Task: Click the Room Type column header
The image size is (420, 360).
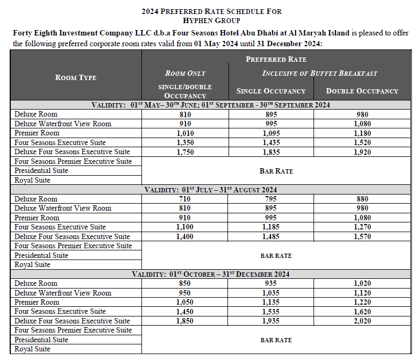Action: pyautogui.click(x=76, y=77)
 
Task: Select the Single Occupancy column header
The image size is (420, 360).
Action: pyautogui.click(x=271, y=91)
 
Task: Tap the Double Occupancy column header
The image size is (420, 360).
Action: pyautogui.click(x=362, y=91)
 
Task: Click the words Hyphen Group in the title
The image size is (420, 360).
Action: pyautogui.click(x=211, y=20)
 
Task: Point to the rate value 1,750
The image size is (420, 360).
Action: pyautogui.click(x=185, y=152)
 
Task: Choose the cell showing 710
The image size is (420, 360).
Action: pyautogui.click(x=185, y=199)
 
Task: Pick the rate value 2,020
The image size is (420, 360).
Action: pyautogui.click(x=362, y=321)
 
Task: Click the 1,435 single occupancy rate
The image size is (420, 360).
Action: pyautogui.click(x=271, y=142)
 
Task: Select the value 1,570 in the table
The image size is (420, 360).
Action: pyautogui.click(x=362, y=236)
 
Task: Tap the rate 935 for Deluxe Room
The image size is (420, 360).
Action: pyautogui.click(x=271, y=283)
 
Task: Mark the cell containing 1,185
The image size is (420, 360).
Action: pyautogui.click(x=271, y=227)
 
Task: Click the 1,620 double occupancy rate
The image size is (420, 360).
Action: pyautogui.click(x=362, y=311)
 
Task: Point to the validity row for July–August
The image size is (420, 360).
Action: pyautogui.click(x=211, y=190)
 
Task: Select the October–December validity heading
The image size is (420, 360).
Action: pyautogui.click(x=211, y=274)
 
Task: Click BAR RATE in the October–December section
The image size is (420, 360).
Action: pyautogui.click(x=276, y=340)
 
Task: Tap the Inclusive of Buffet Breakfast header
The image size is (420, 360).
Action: pyautogui.click(x=319, y=73)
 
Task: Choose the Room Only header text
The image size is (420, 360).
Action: pyautogui.click(x=185, y=73)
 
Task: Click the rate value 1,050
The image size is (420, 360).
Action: pyautogui.click(x=185, y=302)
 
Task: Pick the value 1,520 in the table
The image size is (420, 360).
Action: pyautogui.click(x=362, y=142)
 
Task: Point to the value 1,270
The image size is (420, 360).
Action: pyautogui.click(x=362, y=227)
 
